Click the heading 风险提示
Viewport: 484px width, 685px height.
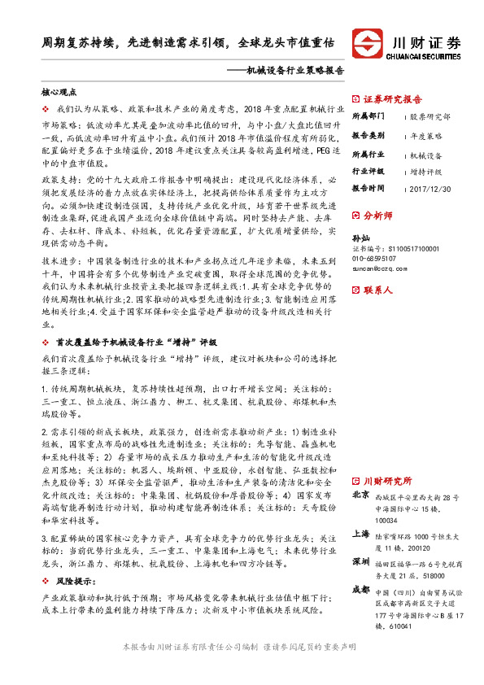click(72, 560)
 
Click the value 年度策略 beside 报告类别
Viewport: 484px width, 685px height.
click(426, 135)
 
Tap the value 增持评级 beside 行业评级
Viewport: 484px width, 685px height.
click(425, 172)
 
